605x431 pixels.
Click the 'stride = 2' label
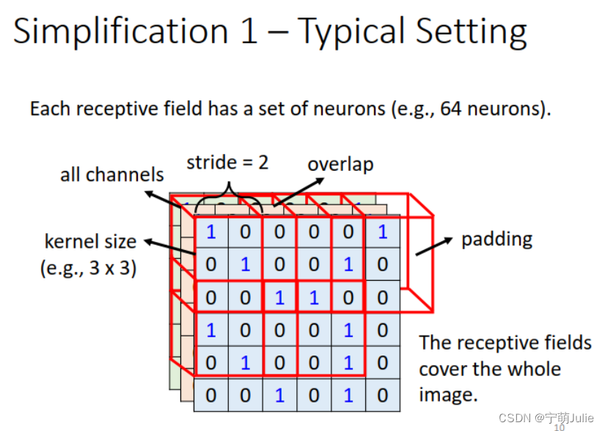(x=227, y=162)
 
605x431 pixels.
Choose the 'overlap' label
(x=340, y=163)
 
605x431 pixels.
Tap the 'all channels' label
(x=112, y=174)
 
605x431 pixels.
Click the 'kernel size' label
(x=90, y=241)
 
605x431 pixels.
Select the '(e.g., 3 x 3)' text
(x=89, y=268)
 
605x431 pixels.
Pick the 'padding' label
(x=496, y=239)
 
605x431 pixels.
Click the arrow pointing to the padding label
(x=433, y=246)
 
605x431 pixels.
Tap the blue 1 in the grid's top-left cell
(x=211, y=232)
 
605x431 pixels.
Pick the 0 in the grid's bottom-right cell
(x=382, y=396)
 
